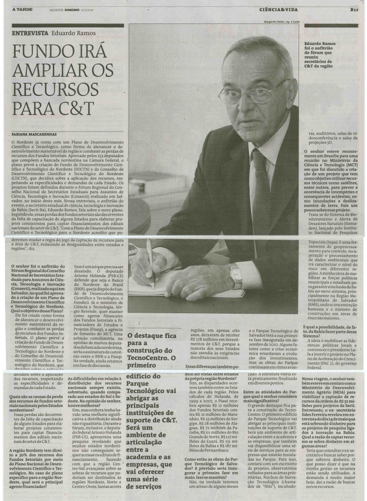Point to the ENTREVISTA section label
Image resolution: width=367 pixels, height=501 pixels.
30,33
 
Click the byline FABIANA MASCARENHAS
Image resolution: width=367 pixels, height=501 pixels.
41,133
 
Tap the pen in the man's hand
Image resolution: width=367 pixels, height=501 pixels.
150,262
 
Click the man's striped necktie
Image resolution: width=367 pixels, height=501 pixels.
260,191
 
